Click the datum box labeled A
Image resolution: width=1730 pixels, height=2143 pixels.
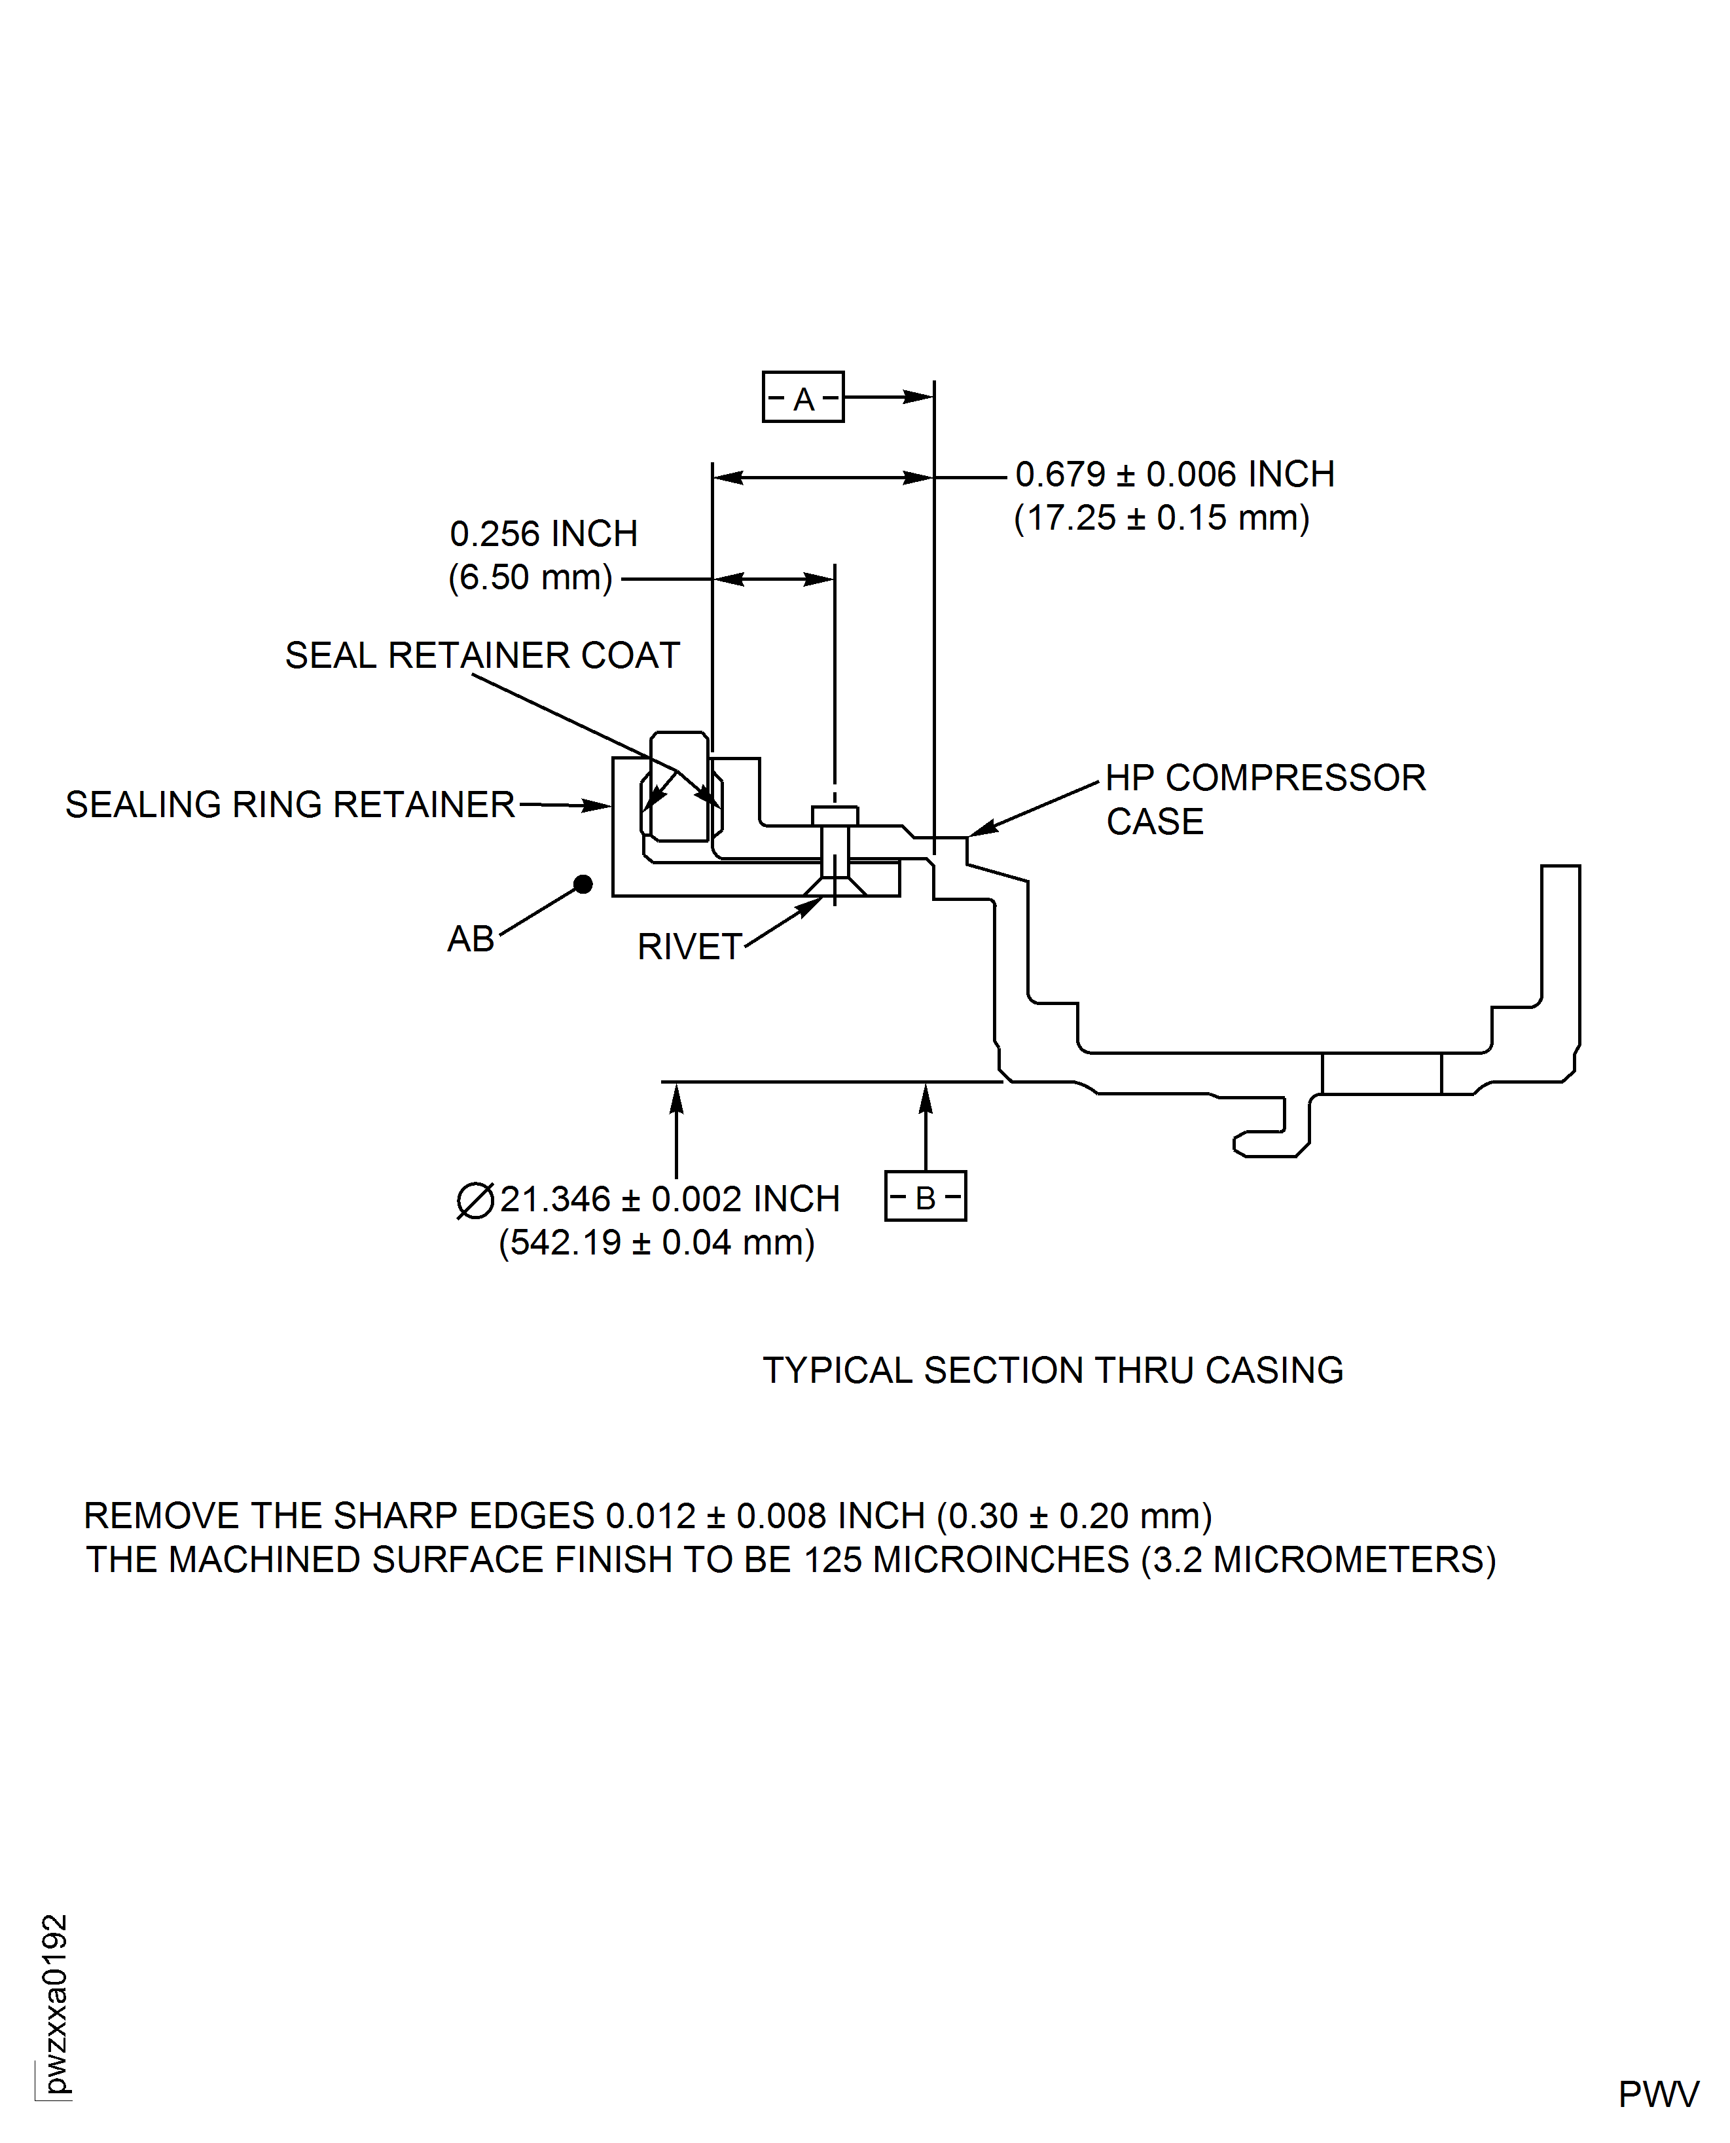[802, 397]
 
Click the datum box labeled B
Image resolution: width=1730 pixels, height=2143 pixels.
[925, 1196]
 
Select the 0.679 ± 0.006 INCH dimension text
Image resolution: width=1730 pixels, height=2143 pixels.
[1174, 475]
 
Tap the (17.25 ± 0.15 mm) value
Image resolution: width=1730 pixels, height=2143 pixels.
[1161, 519]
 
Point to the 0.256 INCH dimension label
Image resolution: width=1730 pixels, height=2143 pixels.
[543, 534]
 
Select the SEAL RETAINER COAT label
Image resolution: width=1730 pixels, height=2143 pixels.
[482, 656]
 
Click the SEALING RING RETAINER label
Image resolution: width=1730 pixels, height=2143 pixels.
[290, 805]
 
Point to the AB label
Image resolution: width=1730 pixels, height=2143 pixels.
[471, 939]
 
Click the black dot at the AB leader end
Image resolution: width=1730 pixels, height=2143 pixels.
[583, 884]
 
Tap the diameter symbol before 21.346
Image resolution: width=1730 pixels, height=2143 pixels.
[475, 1200]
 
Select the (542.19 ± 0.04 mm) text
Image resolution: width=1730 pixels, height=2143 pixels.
[656, 1243]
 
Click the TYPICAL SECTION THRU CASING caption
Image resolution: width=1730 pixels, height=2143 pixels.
[1053, 1370]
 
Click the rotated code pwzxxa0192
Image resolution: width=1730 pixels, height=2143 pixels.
[56, 2004]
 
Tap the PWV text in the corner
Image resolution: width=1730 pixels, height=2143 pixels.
[1657, 2095]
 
